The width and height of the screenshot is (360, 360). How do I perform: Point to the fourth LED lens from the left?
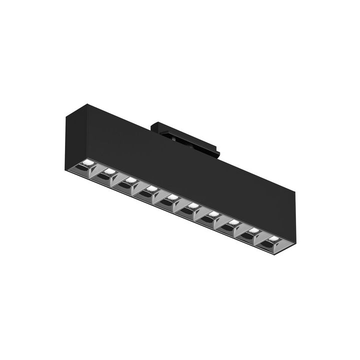(150, 188)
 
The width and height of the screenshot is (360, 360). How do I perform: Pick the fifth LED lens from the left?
(171, 196)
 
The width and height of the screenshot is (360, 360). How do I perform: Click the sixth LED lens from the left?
(192, 205)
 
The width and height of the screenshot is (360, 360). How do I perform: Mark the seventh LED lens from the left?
(212, 213)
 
